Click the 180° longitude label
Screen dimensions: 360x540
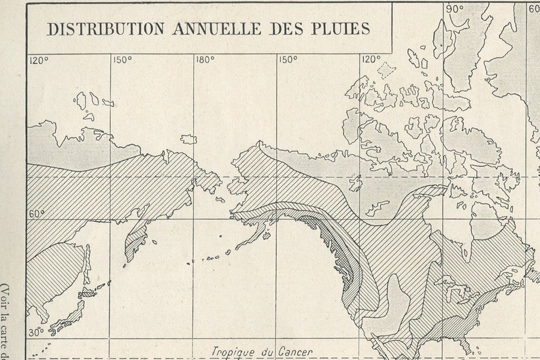pyautogui.click(x=205, y=60)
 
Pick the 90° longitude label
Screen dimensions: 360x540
pyautogui.click(x=454, y=9)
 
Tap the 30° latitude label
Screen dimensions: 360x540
pyautogui.click(x=35, y=332)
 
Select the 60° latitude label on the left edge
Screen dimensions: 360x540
pyautogui.click(x=37, y=214)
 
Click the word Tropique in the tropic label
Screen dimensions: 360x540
pyautogui.click(x=234, y=351)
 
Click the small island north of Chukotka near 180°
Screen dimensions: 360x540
pyautogui.click(x=188, y=139)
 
